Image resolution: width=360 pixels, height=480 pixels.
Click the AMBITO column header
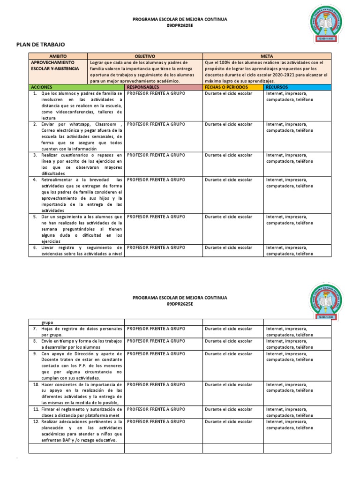[x=58, y=56]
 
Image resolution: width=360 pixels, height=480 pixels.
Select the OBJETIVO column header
[x=145, y=56]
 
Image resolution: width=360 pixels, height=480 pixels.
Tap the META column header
[x=267, y=56]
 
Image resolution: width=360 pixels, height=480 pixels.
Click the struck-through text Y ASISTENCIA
[x=65, y=68]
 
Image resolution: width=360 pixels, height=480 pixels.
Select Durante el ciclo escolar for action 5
[x=228, y=217]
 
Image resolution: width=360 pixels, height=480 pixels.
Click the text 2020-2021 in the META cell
[x=292, y=75]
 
